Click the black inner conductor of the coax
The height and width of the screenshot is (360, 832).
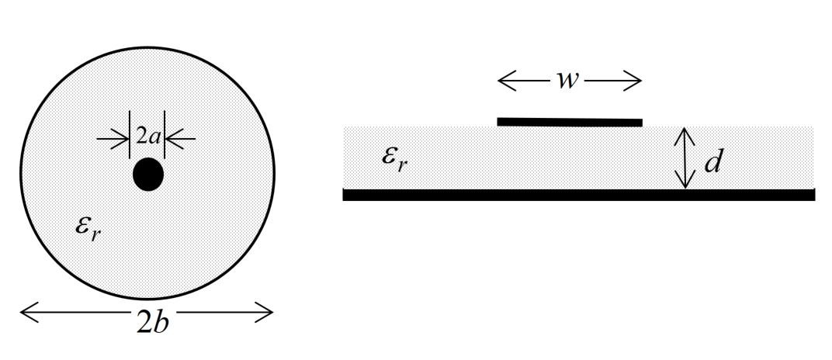[147, 175]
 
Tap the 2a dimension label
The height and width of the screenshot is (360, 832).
[147, 138]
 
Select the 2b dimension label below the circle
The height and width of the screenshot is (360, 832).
[151, 322]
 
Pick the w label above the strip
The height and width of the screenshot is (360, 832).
[568, 81]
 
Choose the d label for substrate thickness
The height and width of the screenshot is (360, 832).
[713, 162]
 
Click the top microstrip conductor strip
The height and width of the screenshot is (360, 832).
[569, 122]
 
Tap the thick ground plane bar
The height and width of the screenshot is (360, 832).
[578, 195]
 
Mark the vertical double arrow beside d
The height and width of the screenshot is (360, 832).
[685, 158]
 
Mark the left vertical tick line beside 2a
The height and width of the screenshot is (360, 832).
[130, 137]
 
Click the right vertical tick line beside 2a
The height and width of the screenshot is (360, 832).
[165, 137]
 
